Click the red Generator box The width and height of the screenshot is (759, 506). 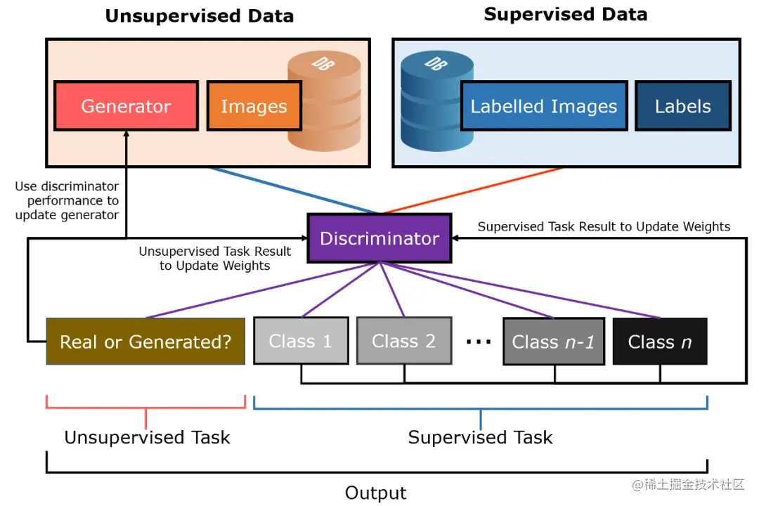coord(126,106)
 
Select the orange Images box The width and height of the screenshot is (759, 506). coord(254,106)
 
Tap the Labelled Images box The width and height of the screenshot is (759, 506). coord(543,106)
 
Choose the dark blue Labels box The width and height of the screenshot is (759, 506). coord(682,106)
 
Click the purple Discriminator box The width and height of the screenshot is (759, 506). coord(379,238)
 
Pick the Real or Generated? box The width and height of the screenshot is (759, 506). coord(145,342)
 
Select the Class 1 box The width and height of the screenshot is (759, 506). coord(301,342)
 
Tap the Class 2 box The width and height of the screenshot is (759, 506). coord(404,342)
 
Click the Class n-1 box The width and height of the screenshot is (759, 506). coord(553,342)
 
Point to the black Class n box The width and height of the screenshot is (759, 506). coord(659,342)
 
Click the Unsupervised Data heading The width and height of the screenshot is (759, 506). coord(200,16)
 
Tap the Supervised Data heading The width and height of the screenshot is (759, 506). coord(565,15)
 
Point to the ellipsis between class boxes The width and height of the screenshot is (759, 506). coord(478,342)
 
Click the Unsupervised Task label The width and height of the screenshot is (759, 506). coord(147,438)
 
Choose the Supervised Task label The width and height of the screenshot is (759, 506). coord(480,438)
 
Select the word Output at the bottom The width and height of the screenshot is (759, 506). coord(375,493)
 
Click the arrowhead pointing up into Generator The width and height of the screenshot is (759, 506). coord(126,136)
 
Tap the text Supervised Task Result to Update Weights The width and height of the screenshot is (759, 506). coord(604,226)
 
